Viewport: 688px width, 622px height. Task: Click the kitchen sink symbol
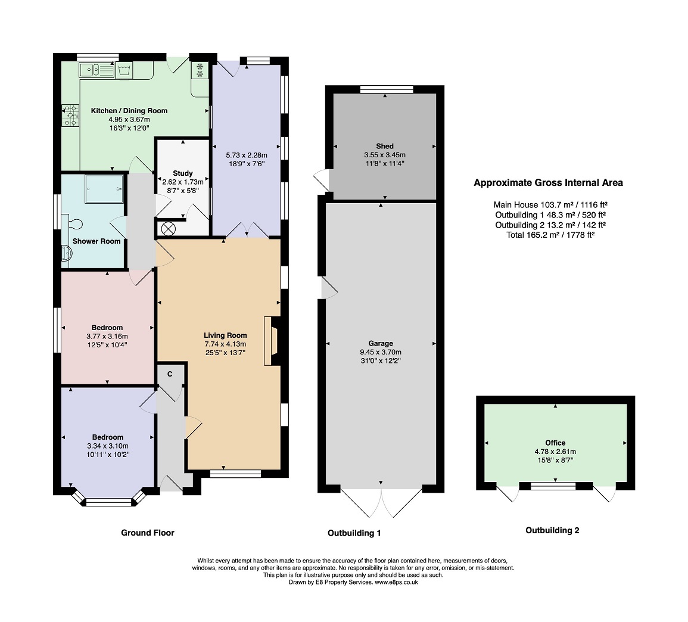pos(96,70)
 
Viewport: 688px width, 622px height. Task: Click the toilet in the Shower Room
pos(73,223)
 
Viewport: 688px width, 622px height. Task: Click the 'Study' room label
pos(183,173)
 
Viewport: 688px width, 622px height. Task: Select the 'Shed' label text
pos(385,146)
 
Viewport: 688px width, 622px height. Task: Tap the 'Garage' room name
pos(381,343)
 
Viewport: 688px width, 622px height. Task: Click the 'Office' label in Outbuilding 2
pos(555,443)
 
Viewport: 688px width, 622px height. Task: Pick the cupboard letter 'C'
pos(170,374)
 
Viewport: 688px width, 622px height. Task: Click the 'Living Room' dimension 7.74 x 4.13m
pos(225,344)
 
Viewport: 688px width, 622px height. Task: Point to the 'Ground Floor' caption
pos(148,533)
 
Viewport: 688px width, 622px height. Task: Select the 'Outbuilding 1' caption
pos(354,533)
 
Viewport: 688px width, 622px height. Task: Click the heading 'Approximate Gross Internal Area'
pos(548,183)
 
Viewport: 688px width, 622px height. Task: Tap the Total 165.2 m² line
pos(548,235)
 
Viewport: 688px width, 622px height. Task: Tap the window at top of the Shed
pos(387,90)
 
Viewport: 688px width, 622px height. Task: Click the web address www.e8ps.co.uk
pos(396,583)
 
